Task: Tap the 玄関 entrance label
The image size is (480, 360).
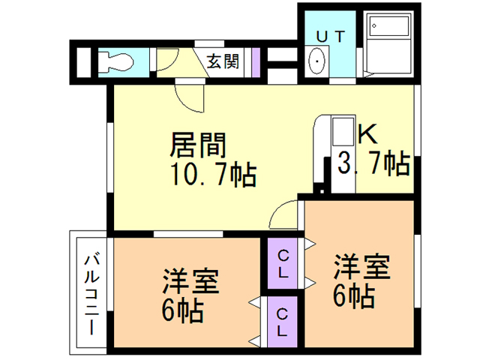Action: [x=223, y=61]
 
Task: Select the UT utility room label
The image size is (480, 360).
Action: [x=330, y=34]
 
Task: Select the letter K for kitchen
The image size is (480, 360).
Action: [x=367, y=133]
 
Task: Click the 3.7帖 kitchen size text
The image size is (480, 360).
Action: [x=373, y=163]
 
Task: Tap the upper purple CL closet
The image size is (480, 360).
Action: [x=283, y=262]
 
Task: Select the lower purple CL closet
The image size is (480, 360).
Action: [x=283, y=320]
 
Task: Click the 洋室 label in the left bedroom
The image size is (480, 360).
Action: [x=190, y=283]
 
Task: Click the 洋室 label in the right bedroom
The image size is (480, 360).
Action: [x=361, y=267]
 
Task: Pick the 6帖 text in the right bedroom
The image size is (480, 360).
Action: [x=354, y=295]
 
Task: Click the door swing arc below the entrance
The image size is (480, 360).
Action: [x=187, y=97]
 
